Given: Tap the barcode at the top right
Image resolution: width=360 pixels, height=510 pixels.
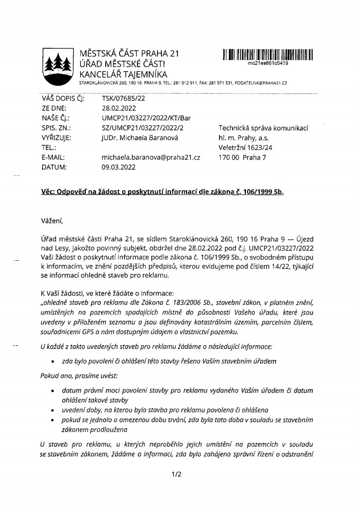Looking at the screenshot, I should [x=268, y=54].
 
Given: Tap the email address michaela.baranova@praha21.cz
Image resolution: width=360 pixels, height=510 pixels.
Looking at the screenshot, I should [x=151, y=157].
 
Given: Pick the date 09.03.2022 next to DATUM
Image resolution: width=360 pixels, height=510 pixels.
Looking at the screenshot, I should [x=119, y=167].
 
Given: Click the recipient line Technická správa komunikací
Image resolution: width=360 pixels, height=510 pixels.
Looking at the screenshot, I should [x=263, y=128].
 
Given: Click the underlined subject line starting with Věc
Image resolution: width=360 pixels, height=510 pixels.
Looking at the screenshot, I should [x=162, y=192].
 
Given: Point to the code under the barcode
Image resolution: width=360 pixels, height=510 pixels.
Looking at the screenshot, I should [x=268, y=63].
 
